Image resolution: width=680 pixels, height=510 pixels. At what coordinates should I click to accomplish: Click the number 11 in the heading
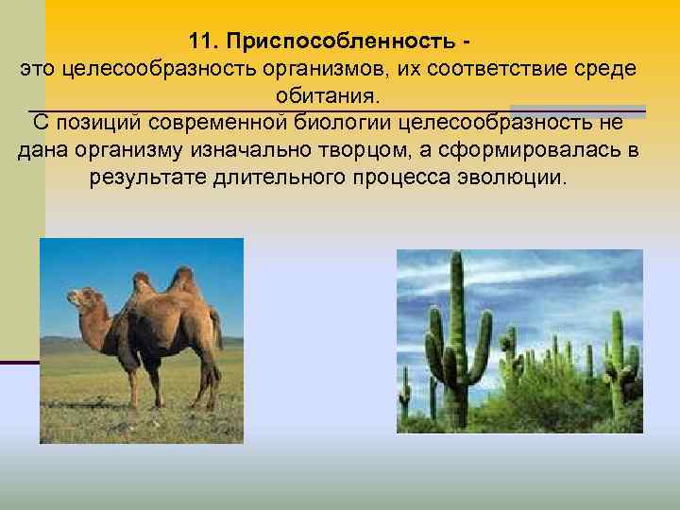pyautogui.click(x=199, y=42)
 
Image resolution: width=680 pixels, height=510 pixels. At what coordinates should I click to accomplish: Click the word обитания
pyautogui.click(x=327, y=96)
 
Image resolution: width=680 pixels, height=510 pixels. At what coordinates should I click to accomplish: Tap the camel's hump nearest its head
pyautogui.click(x=143, y=282)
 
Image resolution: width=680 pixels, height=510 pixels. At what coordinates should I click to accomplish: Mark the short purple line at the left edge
pyautogui.click(x=19, y=363)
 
